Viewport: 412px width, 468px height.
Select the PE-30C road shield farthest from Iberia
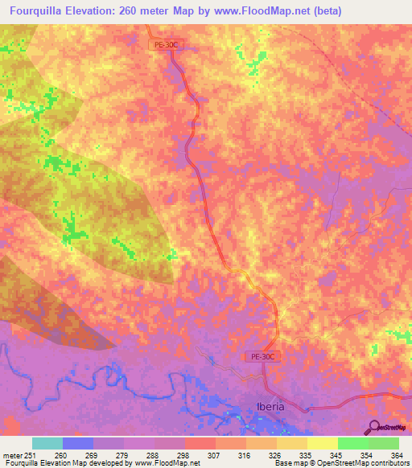(163, 46)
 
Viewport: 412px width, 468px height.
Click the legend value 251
(27, 456)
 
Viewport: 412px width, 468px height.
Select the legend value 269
(80, 456)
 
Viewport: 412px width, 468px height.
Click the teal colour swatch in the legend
(47, 443)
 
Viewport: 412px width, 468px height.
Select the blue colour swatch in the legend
(78, 443)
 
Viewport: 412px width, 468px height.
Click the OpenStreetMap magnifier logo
(375, 426)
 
